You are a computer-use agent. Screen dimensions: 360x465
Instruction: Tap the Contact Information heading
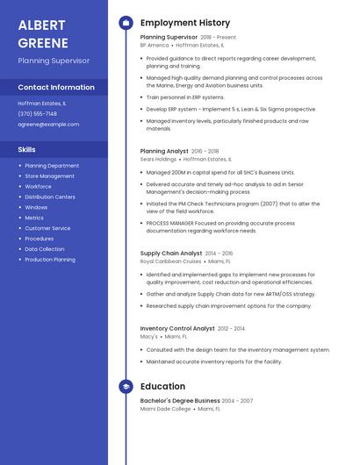[x=56, y=87]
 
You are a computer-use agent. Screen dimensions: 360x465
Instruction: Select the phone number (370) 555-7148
[x=38, y=113]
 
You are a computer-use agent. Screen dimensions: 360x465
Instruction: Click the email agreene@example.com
[x=48, y=125]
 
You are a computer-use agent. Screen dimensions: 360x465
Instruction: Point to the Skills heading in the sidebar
[x=27, y=149]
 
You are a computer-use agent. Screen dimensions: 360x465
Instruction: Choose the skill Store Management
[x=50, y=175]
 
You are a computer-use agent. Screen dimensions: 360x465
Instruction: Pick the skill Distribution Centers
[x=50, y=197]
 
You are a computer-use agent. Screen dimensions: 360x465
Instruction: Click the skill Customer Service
[x=48, y=228]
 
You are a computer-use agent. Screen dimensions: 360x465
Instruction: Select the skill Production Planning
[x=50, y=260]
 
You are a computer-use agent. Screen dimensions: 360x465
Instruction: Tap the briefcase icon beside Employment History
[x=126, y=23]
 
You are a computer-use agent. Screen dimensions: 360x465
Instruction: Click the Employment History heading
[x=185, y=23]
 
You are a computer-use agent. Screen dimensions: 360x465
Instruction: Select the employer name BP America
[x=155, y=45]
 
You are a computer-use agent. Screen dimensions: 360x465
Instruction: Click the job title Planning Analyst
[x=163, y=151]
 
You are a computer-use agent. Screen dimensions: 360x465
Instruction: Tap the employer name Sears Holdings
[x=159, y=159]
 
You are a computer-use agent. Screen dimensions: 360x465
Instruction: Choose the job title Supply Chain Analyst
[x=171, y=253]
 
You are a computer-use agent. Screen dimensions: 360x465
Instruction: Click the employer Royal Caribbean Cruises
[x=171, y=261]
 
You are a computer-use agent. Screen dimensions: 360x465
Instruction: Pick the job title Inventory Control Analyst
[x=177, y=328]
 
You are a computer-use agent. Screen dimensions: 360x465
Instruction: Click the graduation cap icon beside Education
[x=126, y=386]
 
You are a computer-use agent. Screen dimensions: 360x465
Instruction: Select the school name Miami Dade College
[x=166, y=408]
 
